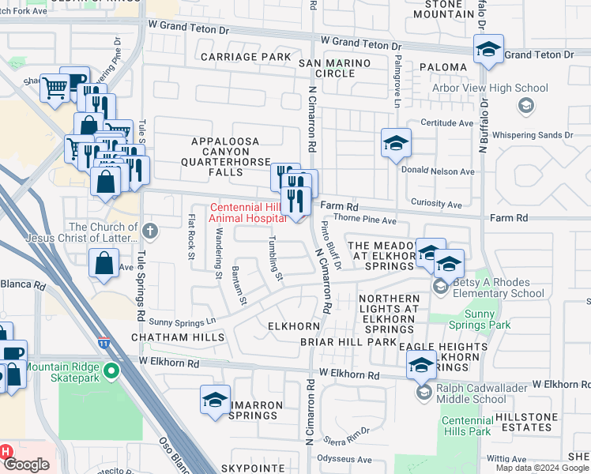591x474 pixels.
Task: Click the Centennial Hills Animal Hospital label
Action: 247,213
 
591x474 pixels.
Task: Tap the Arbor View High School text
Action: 490,88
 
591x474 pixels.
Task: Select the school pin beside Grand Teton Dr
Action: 489,50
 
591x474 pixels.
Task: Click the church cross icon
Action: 151,231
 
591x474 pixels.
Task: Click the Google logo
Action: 26,465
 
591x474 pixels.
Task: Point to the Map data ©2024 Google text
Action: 541,468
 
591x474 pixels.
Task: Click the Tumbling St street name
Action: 274,258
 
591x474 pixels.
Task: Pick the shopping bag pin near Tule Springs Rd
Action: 104,263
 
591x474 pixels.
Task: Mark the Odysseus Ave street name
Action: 344,459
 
